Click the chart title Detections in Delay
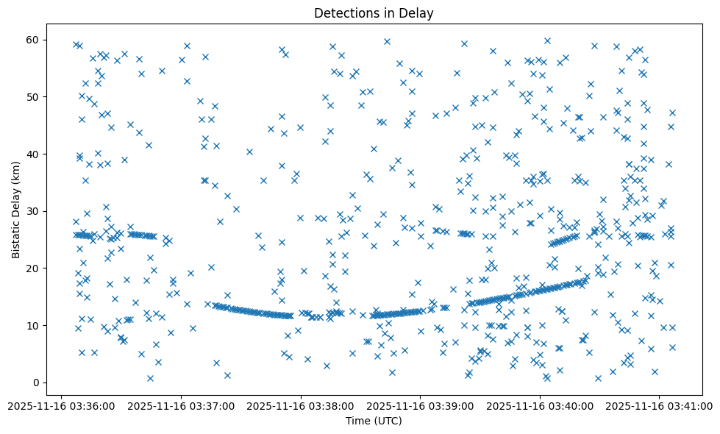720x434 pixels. (374, 13)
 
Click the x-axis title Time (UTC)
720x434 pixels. (374, 421)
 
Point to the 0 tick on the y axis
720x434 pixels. (36, 383)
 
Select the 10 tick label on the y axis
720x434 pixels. (33, 325)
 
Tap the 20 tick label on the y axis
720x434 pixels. (33, 268)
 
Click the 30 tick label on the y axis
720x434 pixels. (33, 211)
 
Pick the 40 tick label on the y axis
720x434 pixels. (33, 154)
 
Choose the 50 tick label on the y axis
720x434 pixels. (33, 97)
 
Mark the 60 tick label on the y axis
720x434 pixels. (33, 40)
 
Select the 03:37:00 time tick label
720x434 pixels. (182, 405)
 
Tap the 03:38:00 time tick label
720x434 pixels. (302, 405)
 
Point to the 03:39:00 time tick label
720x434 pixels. (421, 405)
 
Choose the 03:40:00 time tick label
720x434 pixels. (540, 405)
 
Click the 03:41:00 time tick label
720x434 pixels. (659, 405)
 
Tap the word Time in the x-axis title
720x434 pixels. (358, 421)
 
